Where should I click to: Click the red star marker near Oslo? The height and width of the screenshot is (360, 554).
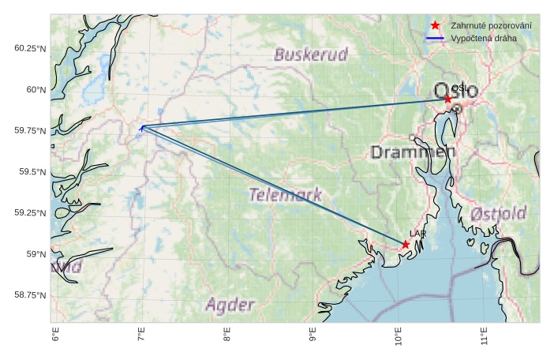tap(447, 99)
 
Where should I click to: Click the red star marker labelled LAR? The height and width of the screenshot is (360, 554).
tap(405, 245)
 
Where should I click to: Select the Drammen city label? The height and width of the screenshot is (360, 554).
tap(413, 152)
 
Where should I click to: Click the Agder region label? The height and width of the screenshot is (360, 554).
tap(230, 305)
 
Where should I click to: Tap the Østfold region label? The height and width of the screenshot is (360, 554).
tap(498, 214)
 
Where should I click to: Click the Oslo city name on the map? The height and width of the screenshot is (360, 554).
tap(455, 91)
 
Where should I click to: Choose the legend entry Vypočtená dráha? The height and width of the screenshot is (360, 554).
tap(484, 38)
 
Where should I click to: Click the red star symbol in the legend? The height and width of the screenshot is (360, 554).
tap(435, 26)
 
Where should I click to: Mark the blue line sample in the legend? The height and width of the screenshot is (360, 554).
tap(435, 38)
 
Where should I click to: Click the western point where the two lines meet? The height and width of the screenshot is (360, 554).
tap(142, 127)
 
